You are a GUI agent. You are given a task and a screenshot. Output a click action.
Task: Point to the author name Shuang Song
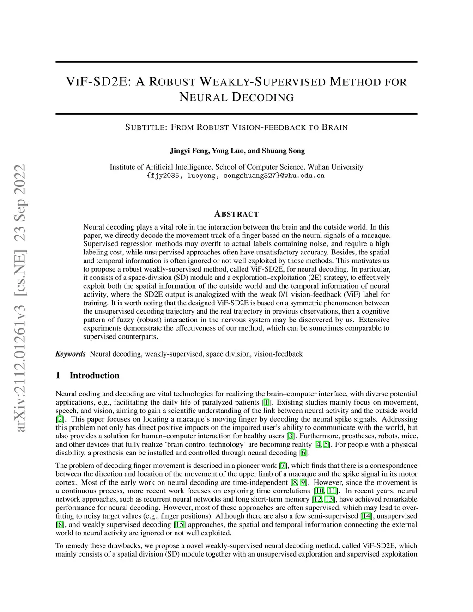click(283, 151)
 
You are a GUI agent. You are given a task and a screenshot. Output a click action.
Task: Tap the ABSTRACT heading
click(236, 214)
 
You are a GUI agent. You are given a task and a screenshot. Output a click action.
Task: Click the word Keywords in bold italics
click(70, 354)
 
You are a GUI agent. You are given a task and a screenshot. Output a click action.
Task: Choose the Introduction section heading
click(94, 376)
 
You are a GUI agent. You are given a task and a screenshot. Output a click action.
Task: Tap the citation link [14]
click(366, 516)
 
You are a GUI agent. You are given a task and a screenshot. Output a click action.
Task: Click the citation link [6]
click(303, 453)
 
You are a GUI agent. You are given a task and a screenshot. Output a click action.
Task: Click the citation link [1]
click(267, 402)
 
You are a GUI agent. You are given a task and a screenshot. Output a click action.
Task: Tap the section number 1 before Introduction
click(58, 376)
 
